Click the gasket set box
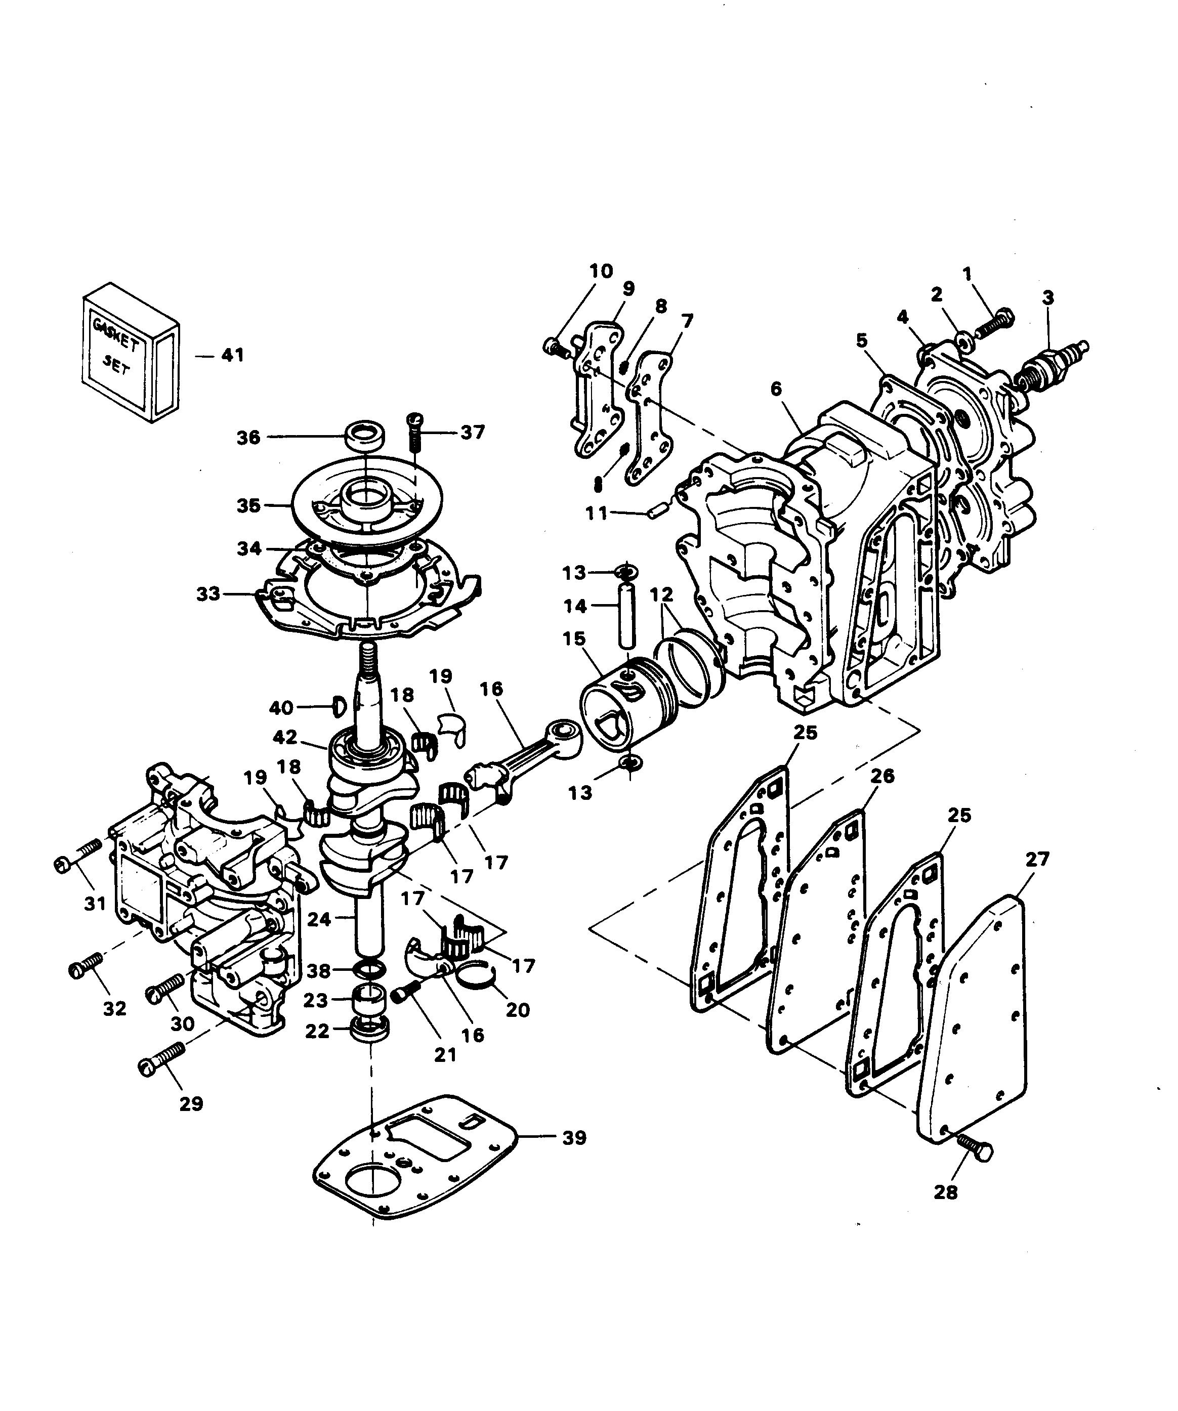pos(131,353)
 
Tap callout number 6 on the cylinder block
pos(776,389)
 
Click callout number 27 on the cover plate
pos(1037,859)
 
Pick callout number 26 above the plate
pos(882,776)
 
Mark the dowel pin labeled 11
pos(652,515)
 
